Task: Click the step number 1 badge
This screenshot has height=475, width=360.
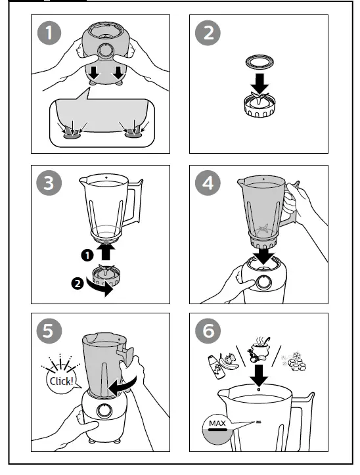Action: tap(49, 33)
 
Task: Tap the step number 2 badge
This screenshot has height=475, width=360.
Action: tap(208, 33)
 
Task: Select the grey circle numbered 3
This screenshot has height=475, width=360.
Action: tap(49, 183)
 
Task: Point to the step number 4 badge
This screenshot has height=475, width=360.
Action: tap(208, 183)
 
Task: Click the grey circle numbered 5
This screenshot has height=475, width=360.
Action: tap(49, 331)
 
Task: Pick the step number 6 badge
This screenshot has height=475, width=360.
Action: tap(208, 331)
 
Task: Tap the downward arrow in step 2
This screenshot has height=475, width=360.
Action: tap(259, 83)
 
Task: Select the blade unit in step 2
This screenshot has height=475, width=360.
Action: tap(259, 105)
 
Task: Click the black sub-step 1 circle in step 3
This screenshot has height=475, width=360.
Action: tap(87, 255)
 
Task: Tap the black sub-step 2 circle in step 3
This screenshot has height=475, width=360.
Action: tap(78, 284)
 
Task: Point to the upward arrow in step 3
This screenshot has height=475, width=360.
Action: tap(106, 252)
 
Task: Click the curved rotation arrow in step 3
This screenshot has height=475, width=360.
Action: tap(100, 288)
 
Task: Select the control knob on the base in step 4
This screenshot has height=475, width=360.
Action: tap(264, 283)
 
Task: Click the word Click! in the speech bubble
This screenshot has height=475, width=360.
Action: tap(62, 381)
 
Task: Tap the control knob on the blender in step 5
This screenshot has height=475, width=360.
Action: tap(105, 411)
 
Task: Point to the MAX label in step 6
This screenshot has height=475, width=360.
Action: tap(217, 423)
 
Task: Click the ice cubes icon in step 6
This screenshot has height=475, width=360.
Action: tap(294, 361)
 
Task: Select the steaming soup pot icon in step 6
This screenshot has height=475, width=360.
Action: tap(259, 349)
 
